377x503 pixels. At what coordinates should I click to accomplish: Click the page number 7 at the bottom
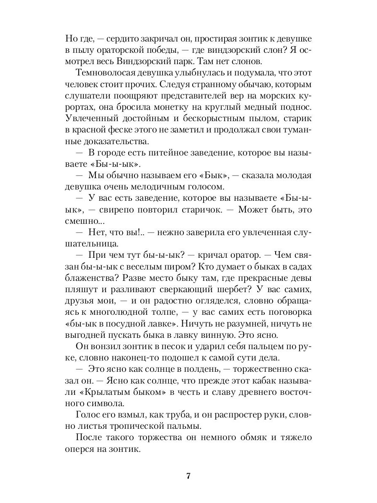coord(188,476)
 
